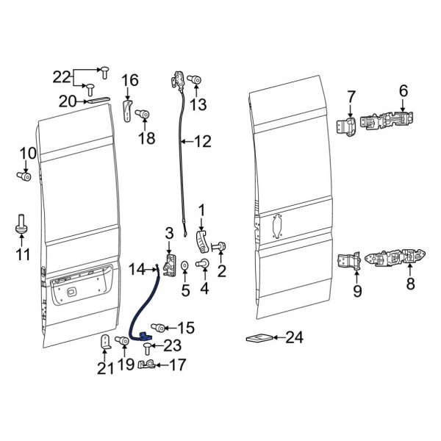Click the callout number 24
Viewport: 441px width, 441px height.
294,338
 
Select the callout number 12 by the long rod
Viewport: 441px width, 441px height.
202,140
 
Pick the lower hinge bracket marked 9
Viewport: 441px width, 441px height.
348,262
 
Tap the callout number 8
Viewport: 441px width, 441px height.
410,282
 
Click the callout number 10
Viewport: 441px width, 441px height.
27,153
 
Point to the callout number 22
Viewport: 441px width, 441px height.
62,76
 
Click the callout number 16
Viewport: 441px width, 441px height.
129,80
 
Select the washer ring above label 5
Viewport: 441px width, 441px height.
185,264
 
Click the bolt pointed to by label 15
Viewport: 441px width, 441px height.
156,327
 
